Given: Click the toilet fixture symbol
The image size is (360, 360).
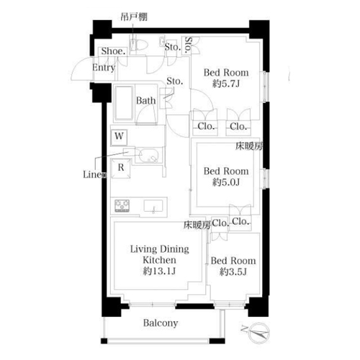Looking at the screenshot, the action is (x=138, y=45).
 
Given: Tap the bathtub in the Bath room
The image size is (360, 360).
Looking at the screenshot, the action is (x=124, y=103).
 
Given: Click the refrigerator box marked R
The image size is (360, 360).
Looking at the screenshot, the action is (x=121, y=168).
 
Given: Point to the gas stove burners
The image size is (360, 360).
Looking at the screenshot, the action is (x=122, y=206).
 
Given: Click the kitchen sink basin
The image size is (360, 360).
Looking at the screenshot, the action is (x=153, y=206).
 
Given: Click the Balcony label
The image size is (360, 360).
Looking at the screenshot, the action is (x=161, y=323).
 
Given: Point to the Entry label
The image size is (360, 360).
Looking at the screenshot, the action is (x=104, y=68).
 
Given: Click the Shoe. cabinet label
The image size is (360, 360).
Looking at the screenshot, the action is (x=114, y=51).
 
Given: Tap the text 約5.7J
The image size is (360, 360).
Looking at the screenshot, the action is (x=225, y=84).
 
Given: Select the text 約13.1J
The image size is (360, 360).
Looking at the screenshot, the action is (x=159, y=271).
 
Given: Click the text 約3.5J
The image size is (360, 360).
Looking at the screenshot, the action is (x=233, y=271).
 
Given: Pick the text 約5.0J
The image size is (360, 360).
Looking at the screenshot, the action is (x=225, y=182).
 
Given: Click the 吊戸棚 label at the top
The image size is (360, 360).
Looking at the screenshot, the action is (x=134, y=17).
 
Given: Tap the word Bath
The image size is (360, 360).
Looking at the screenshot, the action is (x=145, y=101).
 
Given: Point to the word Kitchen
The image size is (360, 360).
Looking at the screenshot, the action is (x=159, y=260).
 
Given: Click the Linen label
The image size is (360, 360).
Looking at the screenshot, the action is (x=94, y=174).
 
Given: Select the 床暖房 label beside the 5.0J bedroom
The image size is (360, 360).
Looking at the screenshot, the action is (x=249, y=146).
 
